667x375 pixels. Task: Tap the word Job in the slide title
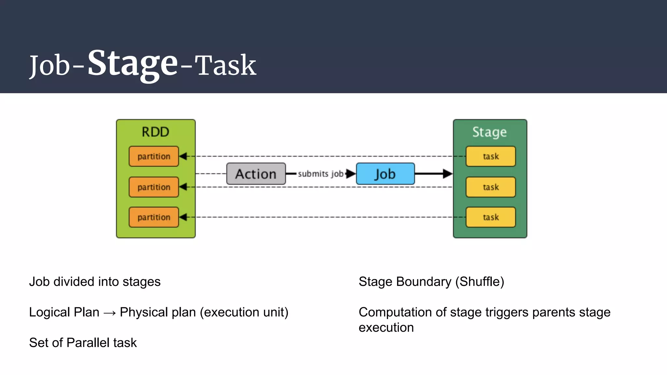pyautogui.click(x=50, y=65)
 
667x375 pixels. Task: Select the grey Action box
pyautogui.click(x=256, y=174)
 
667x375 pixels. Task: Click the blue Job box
pyautogui.click(x=385, y=174)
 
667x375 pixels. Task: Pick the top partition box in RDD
pyautogui.click(x=154, y=157)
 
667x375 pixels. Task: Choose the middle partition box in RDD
pyautogui.click(x=154, y=187)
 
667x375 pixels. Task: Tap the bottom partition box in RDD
pyautogui.click(x=154, y=217)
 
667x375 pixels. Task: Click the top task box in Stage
pyautogui.click(x=490, y=157)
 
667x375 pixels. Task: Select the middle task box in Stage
pyautogui.click(x=490, y=187)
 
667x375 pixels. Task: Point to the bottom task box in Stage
pyautogui.click(x=490, y=217)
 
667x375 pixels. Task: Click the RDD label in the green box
pyautogui.click(x=155, y=132)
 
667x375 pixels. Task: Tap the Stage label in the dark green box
pyautogui.click(x=490, y=132)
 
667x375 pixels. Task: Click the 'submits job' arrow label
pyautogui.click(x=320, y=174)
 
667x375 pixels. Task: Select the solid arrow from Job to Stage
pyautogui.click(x=433, y=174)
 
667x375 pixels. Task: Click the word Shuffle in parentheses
pyautogui.click(x=479, y=282)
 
